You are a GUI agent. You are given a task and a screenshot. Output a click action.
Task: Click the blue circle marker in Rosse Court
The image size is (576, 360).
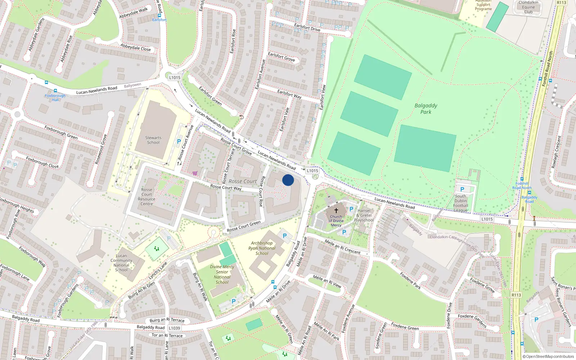tap(288, 180)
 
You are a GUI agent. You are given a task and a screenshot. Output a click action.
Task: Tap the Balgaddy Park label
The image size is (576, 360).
tap(426, 109)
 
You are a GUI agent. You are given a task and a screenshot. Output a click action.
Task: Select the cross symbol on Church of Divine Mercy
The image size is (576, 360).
tap(336, 211)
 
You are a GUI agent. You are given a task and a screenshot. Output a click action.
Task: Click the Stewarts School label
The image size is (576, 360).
tap(153, 140)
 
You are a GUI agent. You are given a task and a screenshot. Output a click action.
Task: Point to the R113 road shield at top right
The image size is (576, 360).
tap(561, 3)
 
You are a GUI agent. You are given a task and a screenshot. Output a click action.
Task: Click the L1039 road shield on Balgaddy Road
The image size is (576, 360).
tap(174, 328)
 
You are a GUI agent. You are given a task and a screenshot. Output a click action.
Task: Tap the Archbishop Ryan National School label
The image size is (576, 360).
tap(262, 248)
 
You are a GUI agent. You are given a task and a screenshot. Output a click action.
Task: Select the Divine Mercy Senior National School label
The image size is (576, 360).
tap(222, 274)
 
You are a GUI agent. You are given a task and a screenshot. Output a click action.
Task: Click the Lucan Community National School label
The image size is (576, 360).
tap(121, 263)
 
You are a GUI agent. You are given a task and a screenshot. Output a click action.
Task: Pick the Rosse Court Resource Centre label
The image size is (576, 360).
tap(147, 197)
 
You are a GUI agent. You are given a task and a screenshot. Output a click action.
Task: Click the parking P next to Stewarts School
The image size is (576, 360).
tap(179, 142)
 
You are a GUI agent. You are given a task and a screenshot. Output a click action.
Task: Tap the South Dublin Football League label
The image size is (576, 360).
tap(460, 203)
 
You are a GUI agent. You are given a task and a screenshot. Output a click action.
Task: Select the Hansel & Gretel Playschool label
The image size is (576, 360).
tap(364, 215)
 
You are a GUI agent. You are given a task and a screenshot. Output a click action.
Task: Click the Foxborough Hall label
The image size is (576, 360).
tap(55, 98)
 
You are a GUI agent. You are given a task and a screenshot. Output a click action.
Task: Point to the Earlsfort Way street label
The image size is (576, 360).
tap(289, 94)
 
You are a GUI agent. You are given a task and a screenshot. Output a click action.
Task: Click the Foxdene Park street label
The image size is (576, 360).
tap(410, 280)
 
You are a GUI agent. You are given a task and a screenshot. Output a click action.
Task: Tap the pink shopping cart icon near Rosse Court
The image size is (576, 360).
tap(195, 173)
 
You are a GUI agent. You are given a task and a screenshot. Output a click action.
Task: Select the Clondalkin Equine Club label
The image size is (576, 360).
tap(528, 7)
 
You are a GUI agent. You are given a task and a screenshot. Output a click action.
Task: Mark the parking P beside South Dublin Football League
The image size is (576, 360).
tap(462, 189)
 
